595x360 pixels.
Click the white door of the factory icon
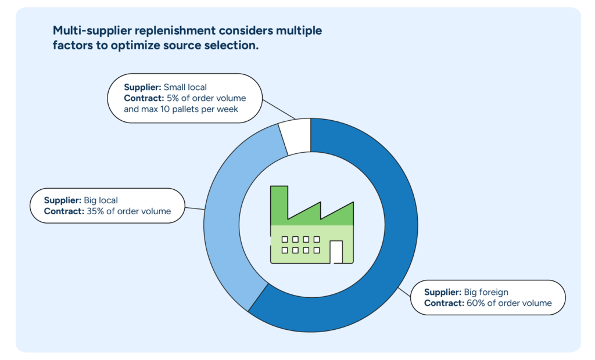(x=336, y=252)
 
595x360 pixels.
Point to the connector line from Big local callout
(x=195, y=208)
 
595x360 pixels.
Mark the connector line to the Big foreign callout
(x=406, y=292)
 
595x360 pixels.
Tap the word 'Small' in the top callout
(x=174, y=87)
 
